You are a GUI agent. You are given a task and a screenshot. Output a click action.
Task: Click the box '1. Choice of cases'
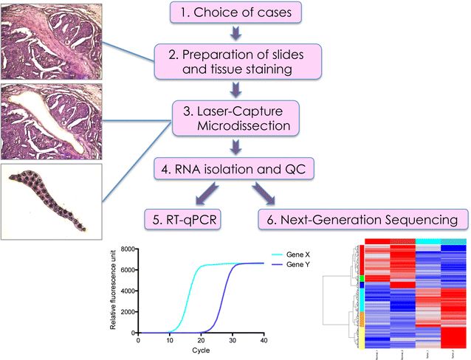point(235,13)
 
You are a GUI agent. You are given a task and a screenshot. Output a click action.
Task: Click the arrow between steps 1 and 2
point(235,34)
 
